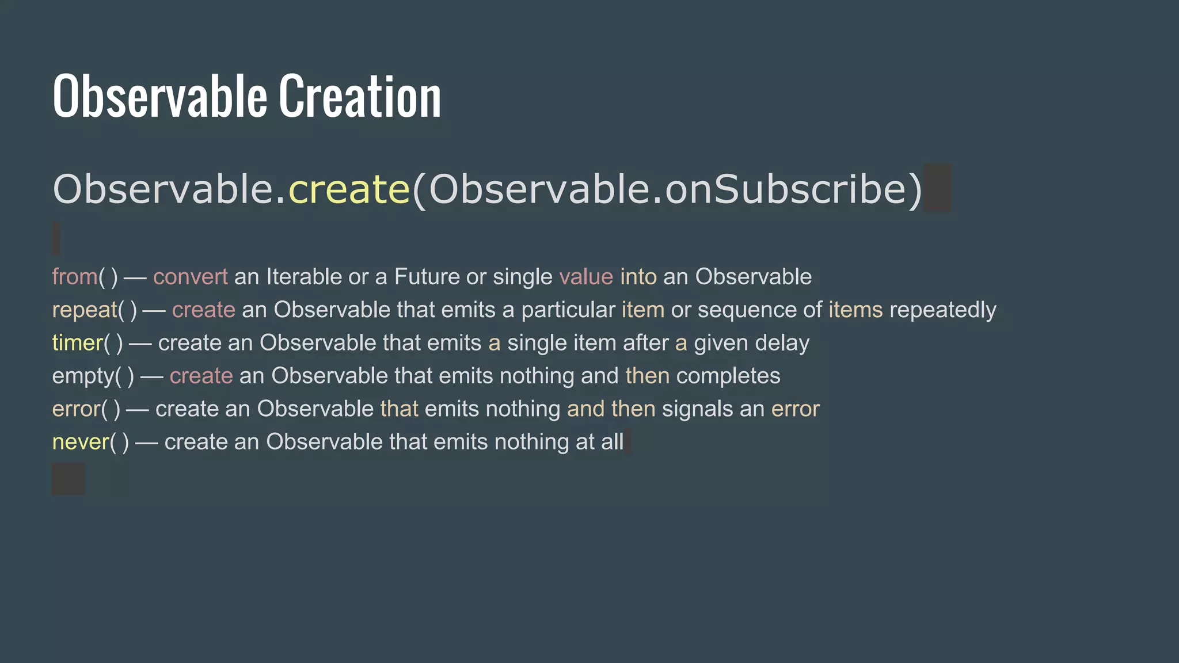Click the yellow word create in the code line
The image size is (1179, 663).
click(349, 189)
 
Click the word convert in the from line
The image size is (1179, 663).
click(191, 277)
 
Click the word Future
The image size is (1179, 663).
click(427, 277)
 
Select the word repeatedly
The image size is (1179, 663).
click(942, 310)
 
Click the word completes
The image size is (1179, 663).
click(728, 376)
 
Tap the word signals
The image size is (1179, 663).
click(697, 409)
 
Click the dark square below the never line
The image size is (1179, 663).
click(69, 479)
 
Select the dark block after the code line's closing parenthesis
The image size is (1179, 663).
click(937, 188)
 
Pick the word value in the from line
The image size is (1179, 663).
click(586, 277)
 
